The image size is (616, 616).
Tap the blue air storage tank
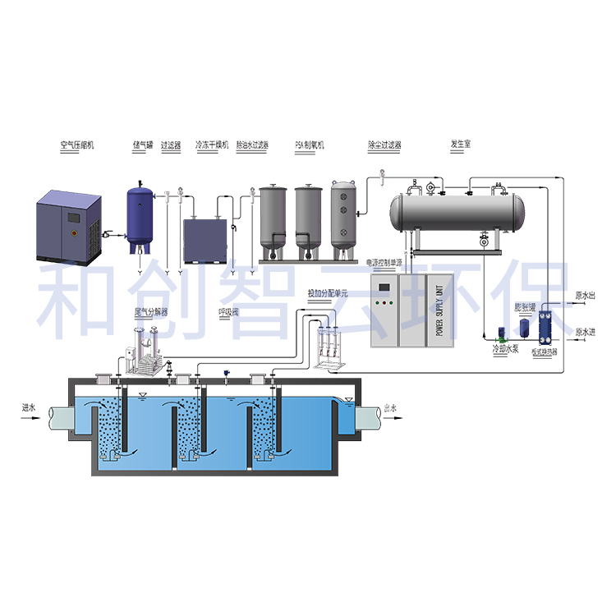click(143, 214)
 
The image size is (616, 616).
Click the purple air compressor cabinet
click(71, 227)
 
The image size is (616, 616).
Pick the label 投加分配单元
click(328, 292)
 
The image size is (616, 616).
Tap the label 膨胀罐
click(525, 307)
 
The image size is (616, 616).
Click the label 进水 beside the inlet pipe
click(31, 407)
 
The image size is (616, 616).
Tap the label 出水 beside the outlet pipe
click(391, 407)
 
